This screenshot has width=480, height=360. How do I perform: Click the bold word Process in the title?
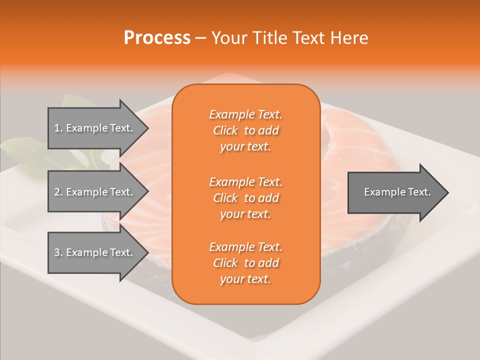click(x=157, y=38)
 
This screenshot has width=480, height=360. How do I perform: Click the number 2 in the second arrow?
click(x=57, y=192)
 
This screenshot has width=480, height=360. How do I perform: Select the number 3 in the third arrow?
click(x=57, y=252)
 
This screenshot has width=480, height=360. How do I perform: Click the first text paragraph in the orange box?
click(x=245, y=130)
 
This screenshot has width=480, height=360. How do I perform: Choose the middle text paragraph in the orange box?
click(x=245, y=198)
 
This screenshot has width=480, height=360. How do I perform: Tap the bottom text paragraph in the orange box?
click(x=245, y=263)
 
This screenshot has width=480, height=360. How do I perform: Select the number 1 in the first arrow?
click(x=57, y=128)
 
